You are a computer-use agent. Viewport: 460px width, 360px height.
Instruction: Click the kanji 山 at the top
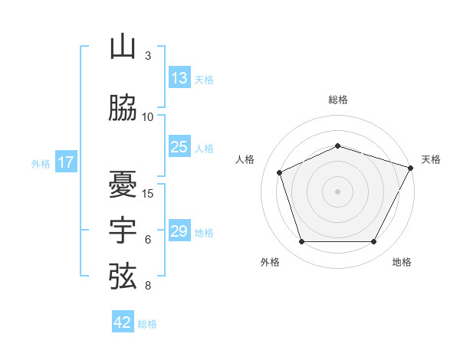[123, 46]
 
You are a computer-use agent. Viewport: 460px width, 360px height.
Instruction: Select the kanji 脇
[123, 107]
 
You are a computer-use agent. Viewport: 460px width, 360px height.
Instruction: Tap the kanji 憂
[123, 185]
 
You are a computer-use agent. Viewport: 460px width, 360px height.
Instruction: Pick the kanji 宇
[123, 230]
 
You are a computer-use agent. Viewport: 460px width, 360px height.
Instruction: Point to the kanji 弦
[123, 277]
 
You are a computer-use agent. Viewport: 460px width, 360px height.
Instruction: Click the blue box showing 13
[179, 77]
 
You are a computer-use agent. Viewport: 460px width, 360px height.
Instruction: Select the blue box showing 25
[179, 146]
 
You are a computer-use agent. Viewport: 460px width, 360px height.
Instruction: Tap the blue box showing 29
[179, 230]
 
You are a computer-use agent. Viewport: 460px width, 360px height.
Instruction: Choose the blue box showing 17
[66, 162]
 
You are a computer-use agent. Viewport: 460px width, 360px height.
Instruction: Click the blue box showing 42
[123, 321]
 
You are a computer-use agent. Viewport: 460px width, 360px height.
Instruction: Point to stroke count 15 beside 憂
[147, 194]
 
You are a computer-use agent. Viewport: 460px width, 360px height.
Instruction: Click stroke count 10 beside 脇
[147, 117]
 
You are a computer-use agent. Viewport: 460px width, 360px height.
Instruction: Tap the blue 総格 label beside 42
[147, 324]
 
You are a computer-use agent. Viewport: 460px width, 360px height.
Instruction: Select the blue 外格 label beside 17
[41, 164]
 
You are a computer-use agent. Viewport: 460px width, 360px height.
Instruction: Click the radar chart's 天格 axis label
[431, 159]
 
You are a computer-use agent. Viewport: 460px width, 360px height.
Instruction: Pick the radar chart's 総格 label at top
[338, 100]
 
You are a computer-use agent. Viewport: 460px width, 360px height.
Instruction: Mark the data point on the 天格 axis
[411, 168]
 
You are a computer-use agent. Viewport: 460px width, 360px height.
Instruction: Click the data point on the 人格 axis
[280, 172]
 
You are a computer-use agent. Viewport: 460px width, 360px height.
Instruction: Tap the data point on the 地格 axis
[374, 241]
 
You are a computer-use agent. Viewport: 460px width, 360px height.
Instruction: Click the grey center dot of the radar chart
[337, 191]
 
